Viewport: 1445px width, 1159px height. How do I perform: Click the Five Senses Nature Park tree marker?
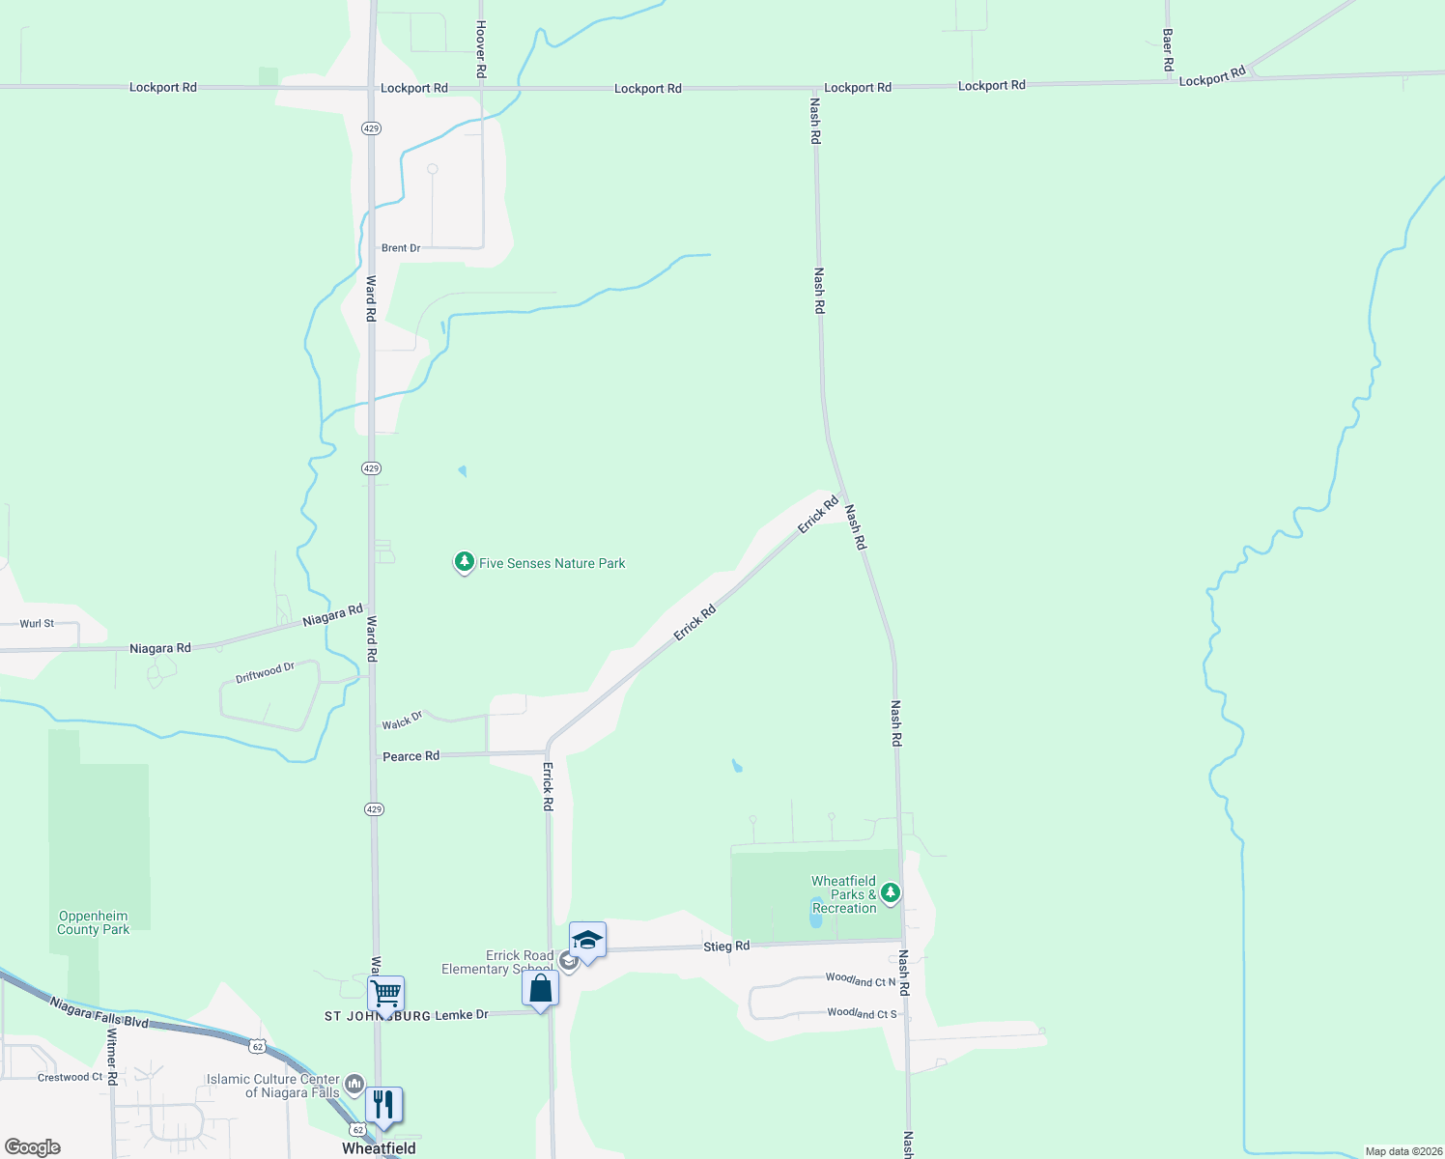(x=464, y=562)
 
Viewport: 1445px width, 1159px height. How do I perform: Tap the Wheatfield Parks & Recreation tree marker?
(x=891, y=893)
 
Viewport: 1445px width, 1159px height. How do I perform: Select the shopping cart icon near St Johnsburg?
(x=385, y=994)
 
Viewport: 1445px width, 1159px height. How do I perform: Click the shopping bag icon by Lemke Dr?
(x=540, y=989)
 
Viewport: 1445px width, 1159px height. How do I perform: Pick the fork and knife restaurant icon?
(x=383, y=1105)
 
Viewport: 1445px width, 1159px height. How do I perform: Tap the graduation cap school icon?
(x=587, y=940)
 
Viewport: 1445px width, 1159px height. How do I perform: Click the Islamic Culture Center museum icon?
(x=354, y=1084)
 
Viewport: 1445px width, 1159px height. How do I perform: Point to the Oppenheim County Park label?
(x=93, y=923)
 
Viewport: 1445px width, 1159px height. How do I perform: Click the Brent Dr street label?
(x=401, y=248)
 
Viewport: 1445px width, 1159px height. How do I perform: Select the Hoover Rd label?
(x=480, y=50)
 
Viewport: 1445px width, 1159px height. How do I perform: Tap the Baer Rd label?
(x=1168, y=50)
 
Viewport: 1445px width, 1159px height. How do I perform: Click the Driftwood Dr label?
(x=265, y=672)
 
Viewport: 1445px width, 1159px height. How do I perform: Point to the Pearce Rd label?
(x=411, y=756)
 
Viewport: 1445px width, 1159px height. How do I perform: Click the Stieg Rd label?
(x=726, y=947)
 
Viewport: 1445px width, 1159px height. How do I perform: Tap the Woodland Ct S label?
(x=862, y=1013)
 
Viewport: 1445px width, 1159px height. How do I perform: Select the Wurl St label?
(x=37, y=624)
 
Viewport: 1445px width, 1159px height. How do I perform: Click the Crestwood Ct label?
(x=70, y=1077)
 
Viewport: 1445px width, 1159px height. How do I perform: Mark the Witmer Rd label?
(x=112, y=1057)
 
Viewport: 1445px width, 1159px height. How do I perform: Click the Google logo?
(x=33, y=1147)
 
